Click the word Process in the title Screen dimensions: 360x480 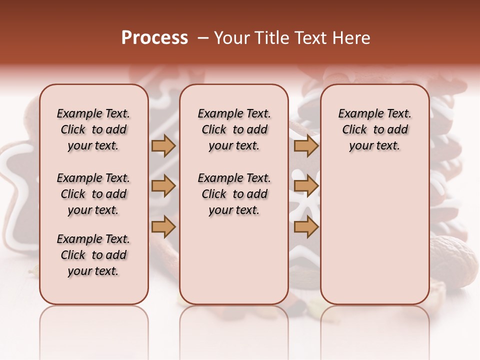click(154, 38)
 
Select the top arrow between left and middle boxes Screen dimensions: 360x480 click(163, 145)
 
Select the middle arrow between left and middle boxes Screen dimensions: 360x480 click(163, 186)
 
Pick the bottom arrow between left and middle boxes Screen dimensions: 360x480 click(163, 227)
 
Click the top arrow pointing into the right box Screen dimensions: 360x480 click(306, 145)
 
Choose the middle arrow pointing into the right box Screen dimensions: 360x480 click(306, 186)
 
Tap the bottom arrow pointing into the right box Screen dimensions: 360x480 click(306, 227)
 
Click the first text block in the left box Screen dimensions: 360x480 click(93, 129)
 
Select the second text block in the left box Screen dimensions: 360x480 click(93, 194)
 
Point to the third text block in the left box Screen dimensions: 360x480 click(93, 255)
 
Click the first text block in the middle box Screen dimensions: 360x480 click(234, 129)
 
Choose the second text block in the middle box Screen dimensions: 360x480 click(234, 194)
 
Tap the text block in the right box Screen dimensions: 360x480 click(374, 129)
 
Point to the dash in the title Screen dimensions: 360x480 click(203, 38)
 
